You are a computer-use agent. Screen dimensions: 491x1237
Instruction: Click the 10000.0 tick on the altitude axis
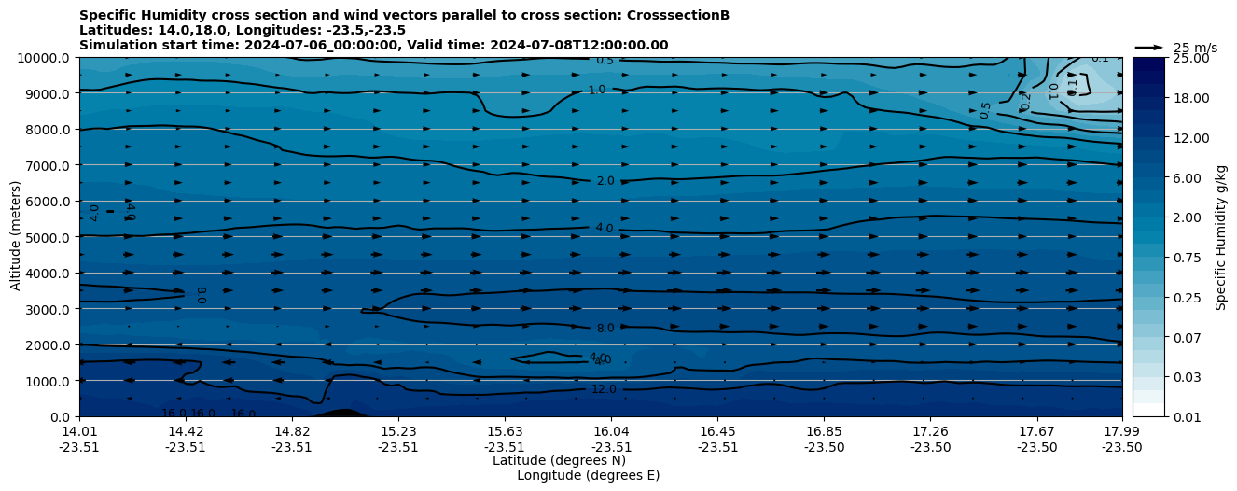click(45, 58)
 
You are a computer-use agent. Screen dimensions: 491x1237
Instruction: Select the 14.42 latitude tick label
click(185, 431)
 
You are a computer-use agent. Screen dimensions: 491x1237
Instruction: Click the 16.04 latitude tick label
click(611, 431)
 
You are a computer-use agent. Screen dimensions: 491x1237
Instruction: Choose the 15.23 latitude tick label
click(398, 431)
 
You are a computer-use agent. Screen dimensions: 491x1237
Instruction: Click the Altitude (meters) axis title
click(16, 237)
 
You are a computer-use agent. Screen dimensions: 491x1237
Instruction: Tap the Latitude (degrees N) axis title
click(559, 460)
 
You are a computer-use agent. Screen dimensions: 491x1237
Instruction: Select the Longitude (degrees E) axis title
click(588, 475)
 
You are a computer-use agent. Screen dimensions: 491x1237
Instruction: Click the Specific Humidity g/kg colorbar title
click(1221, 237)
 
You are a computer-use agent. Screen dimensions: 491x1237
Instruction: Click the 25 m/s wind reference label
click(1195, 48)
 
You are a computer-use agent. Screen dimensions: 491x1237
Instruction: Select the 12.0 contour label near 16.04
click(604, 389)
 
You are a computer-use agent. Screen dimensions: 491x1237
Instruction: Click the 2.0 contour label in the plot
click(605, 181)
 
